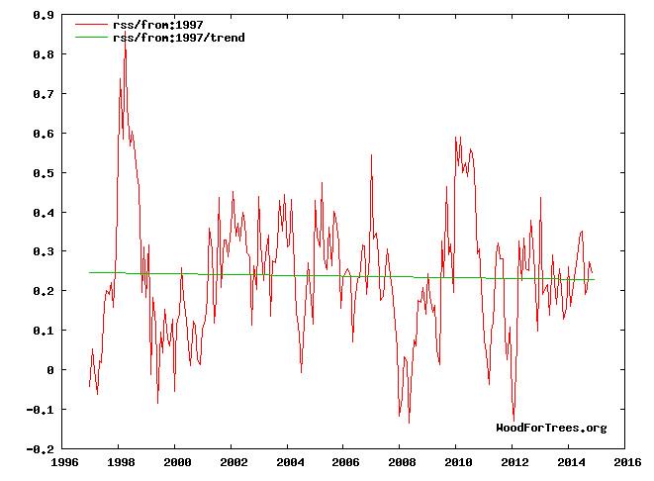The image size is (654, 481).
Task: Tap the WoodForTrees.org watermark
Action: coord(551,428)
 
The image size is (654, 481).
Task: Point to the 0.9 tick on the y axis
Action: coord(44,16)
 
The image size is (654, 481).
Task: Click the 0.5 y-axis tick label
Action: coord(44,173)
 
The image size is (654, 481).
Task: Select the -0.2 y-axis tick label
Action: coord(41,449)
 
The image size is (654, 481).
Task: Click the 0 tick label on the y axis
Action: coord(51,370)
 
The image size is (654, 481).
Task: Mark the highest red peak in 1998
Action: coord(125,41)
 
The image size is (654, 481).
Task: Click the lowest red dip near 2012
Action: coord(514,420)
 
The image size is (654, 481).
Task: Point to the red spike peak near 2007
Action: coord(371,155)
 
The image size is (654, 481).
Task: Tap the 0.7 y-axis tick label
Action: coord(44,94)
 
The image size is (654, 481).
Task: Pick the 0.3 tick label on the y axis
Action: coord(44,252)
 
